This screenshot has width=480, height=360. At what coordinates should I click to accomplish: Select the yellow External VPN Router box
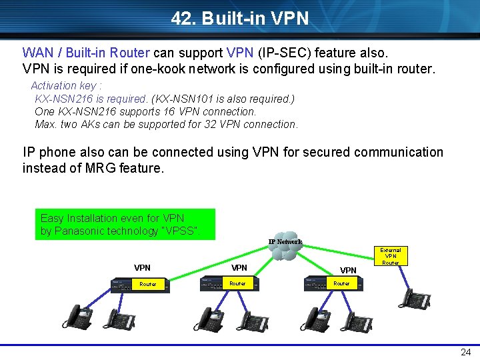point(391,256)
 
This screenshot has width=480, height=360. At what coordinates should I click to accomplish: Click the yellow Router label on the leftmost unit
point(147,285)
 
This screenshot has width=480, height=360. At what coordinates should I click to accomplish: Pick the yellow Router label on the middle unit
point(237,284)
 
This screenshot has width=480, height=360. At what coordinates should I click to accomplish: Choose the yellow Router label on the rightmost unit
point(341,284)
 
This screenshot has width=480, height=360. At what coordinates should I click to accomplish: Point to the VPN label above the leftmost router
point(142,268)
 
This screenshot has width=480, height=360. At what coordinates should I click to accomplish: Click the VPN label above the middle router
point(239,268)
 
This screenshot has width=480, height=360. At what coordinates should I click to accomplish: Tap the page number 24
point(465,353)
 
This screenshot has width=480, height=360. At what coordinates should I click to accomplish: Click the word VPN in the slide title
point(291,19)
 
